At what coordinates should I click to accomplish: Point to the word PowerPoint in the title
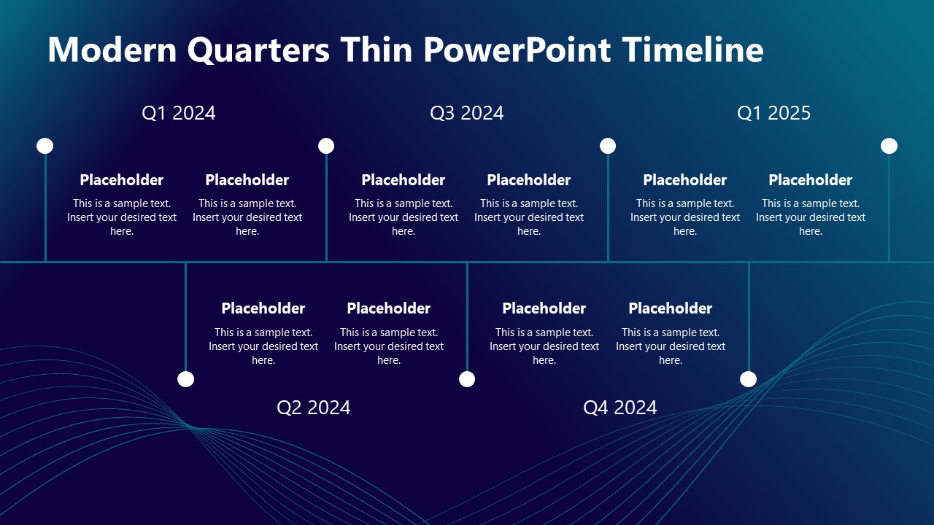tap(517, 50)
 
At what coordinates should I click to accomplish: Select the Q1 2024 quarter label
tap(179, 113)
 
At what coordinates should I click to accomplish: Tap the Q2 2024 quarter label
tap(314, 408)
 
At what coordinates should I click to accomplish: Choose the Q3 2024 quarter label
tap(467, 113)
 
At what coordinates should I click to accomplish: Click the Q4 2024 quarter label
tap(620, 408)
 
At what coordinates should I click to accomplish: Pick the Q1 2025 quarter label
tap(774, 113)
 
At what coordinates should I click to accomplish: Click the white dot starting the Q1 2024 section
tap(45, 146)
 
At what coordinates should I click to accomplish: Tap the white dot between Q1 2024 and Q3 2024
tap(326, 146)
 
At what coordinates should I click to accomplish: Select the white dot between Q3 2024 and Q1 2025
tap(608, 146)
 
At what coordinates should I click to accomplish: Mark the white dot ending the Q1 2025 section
tap(889, 146)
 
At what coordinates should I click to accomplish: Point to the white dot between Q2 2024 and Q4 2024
tap(467, 379)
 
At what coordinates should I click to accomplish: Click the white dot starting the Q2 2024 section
tap(186, 379)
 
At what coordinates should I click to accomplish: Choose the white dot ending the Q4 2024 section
tap(749, 379)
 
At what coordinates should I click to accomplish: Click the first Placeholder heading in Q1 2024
tap(122, 180)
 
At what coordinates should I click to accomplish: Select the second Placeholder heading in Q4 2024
tap(671, 308)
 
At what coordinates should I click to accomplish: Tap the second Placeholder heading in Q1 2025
tap(811, 180)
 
